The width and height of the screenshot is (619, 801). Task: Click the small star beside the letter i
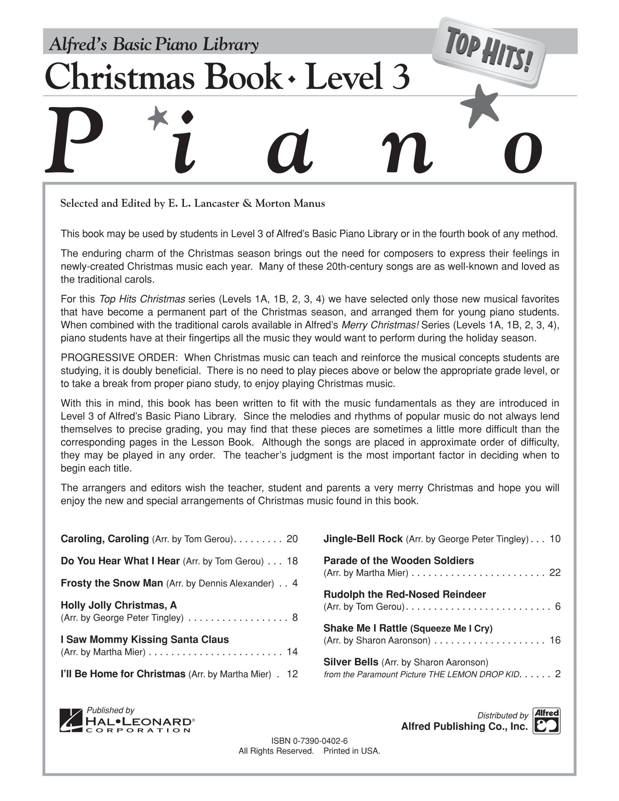tap(158, 117)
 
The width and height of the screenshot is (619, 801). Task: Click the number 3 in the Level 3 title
tap(400, 77)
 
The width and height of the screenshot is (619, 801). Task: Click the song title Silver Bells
tap(351, 662)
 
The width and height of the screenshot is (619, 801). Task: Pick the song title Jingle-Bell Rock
tap(363, 539)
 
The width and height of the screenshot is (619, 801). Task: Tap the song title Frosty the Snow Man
tap(112, 583)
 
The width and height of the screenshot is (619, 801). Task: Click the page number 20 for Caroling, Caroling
tap(292, 539)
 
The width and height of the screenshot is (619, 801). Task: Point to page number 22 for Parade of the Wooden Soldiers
tap(555, 573)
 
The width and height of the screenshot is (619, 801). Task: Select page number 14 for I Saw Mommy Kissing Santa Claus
tap(292, 652)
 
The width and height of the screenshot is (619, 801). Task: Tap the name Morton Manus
tap(290, 203)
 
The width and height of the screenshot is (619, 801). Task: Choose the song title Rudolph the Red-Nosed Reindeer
tap(405, 595)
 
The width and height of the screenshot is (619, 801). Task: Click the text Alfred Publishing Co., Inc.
tap(464, 726)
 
